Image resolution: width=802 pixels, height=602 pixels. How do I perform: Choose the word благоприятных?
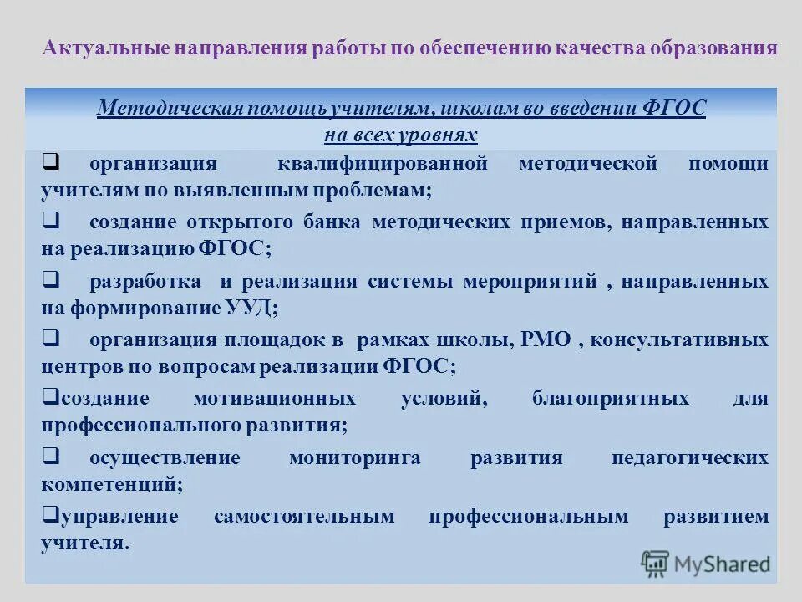click(x=611, y=399)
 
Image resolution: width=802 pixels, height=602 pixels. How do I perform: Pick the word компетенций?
click(x=109, y=483)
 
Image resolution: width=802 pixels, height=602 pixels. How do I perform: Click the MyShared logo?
click(x=706, y=563)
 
